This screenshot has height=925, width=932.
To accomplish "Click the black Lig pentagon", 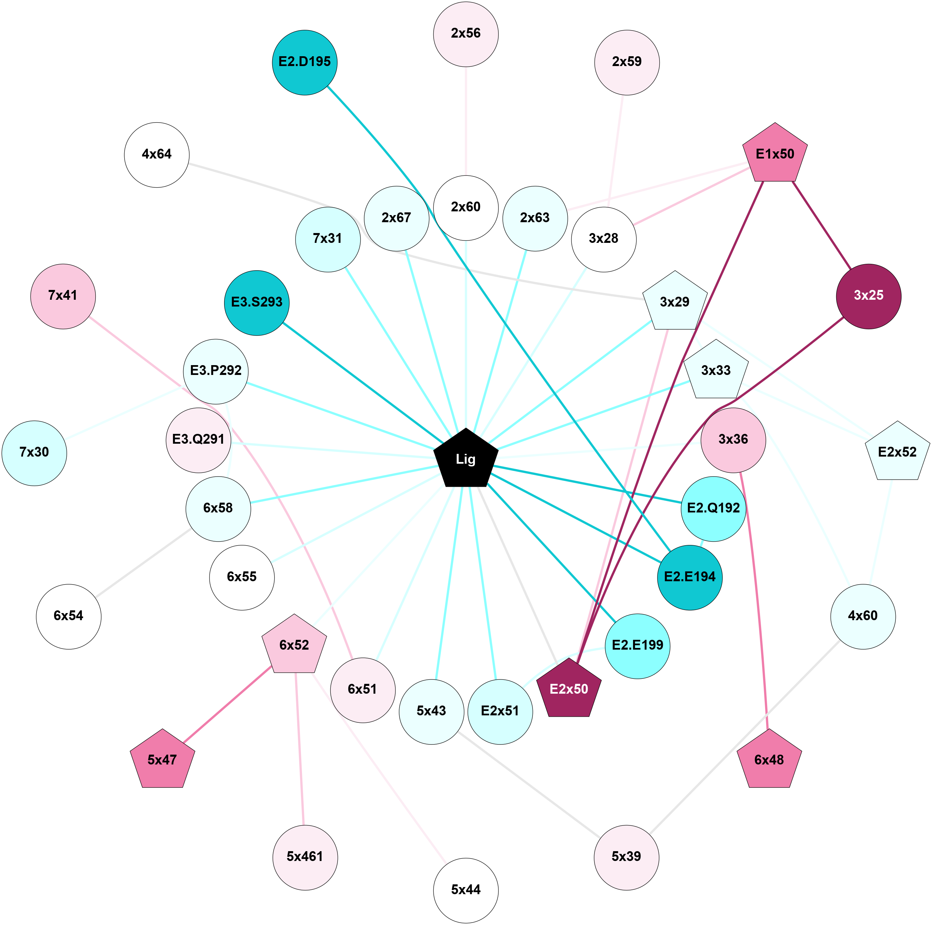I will (465, 459).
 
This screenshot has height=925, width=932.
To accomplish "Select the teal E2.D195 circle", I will (304, 62).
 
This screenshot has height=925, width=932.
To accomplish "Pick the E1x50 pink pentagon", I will (775, 154).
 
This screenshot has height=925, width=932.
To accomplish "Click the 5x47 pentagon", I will (162, 760).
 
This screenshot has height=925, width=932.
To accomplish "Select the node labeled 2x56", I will (465, 34).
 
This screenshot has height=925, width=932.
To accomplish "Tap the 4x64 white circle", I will (157, 154).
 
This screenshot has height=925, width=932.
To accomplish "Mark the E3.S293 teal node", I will (257, 302).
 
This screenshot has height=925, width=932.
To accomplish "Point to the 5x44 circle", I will (465, 890).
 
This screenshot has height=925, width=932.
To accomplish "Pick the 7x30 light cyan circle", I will (34, 453).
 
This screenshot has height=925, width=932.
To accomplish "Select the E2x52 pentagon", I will (897, 453).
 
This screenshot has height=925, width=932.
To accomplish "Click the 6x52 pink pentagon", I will (294, 645).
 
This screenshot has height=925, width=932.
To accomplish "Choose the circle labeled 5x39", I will (626, 857).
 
